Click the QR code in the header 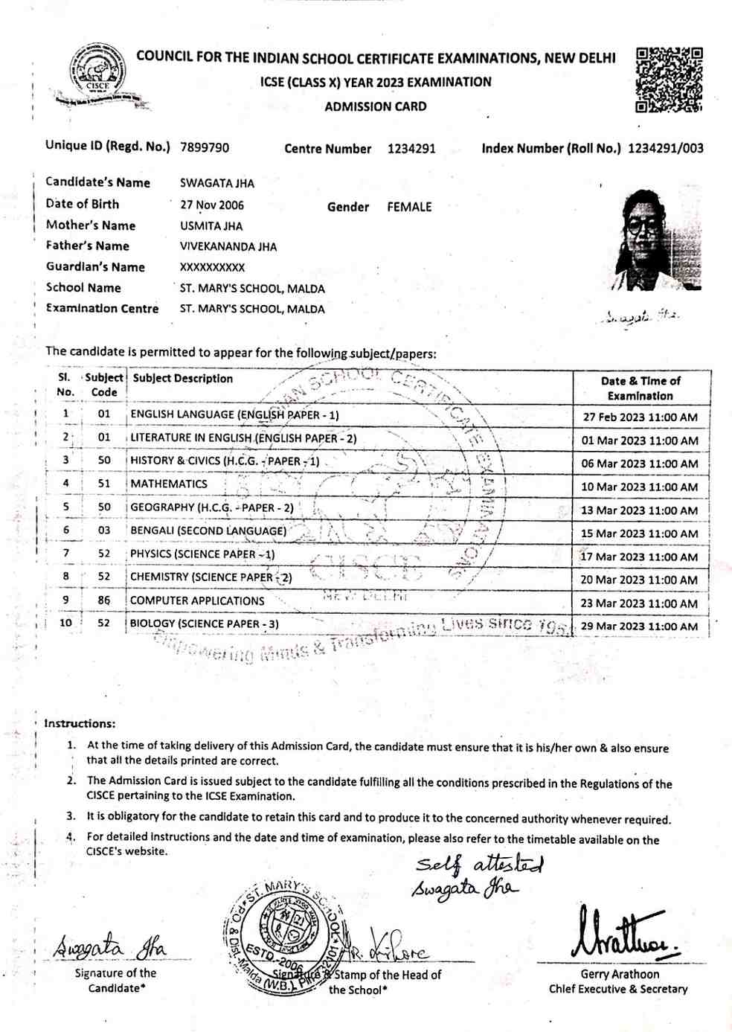(669, 80)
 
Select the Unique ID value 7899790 (205, 147)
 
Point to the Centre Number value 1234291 (411, 148)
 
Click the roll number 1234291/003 (665, 148)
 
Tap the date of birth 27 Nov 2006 (212, 205)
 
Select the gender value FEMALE (409, 207)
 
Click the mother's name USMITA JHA (211, 226)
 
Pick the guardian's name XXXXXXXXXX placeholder (212, 267)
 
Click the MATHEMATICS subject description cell (169, 484)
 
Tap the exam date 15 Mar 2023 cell (639, 533)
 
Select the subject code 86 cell (104, 600)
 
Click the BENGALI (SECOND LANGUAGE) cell (208, 531)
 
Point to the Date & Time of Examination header (640, 388)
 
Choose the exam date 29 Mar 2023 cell (639, 626)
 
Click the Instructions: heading (80, 723)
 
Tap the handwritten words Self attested (480, 865)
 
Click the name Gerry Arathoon (620, 974)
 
